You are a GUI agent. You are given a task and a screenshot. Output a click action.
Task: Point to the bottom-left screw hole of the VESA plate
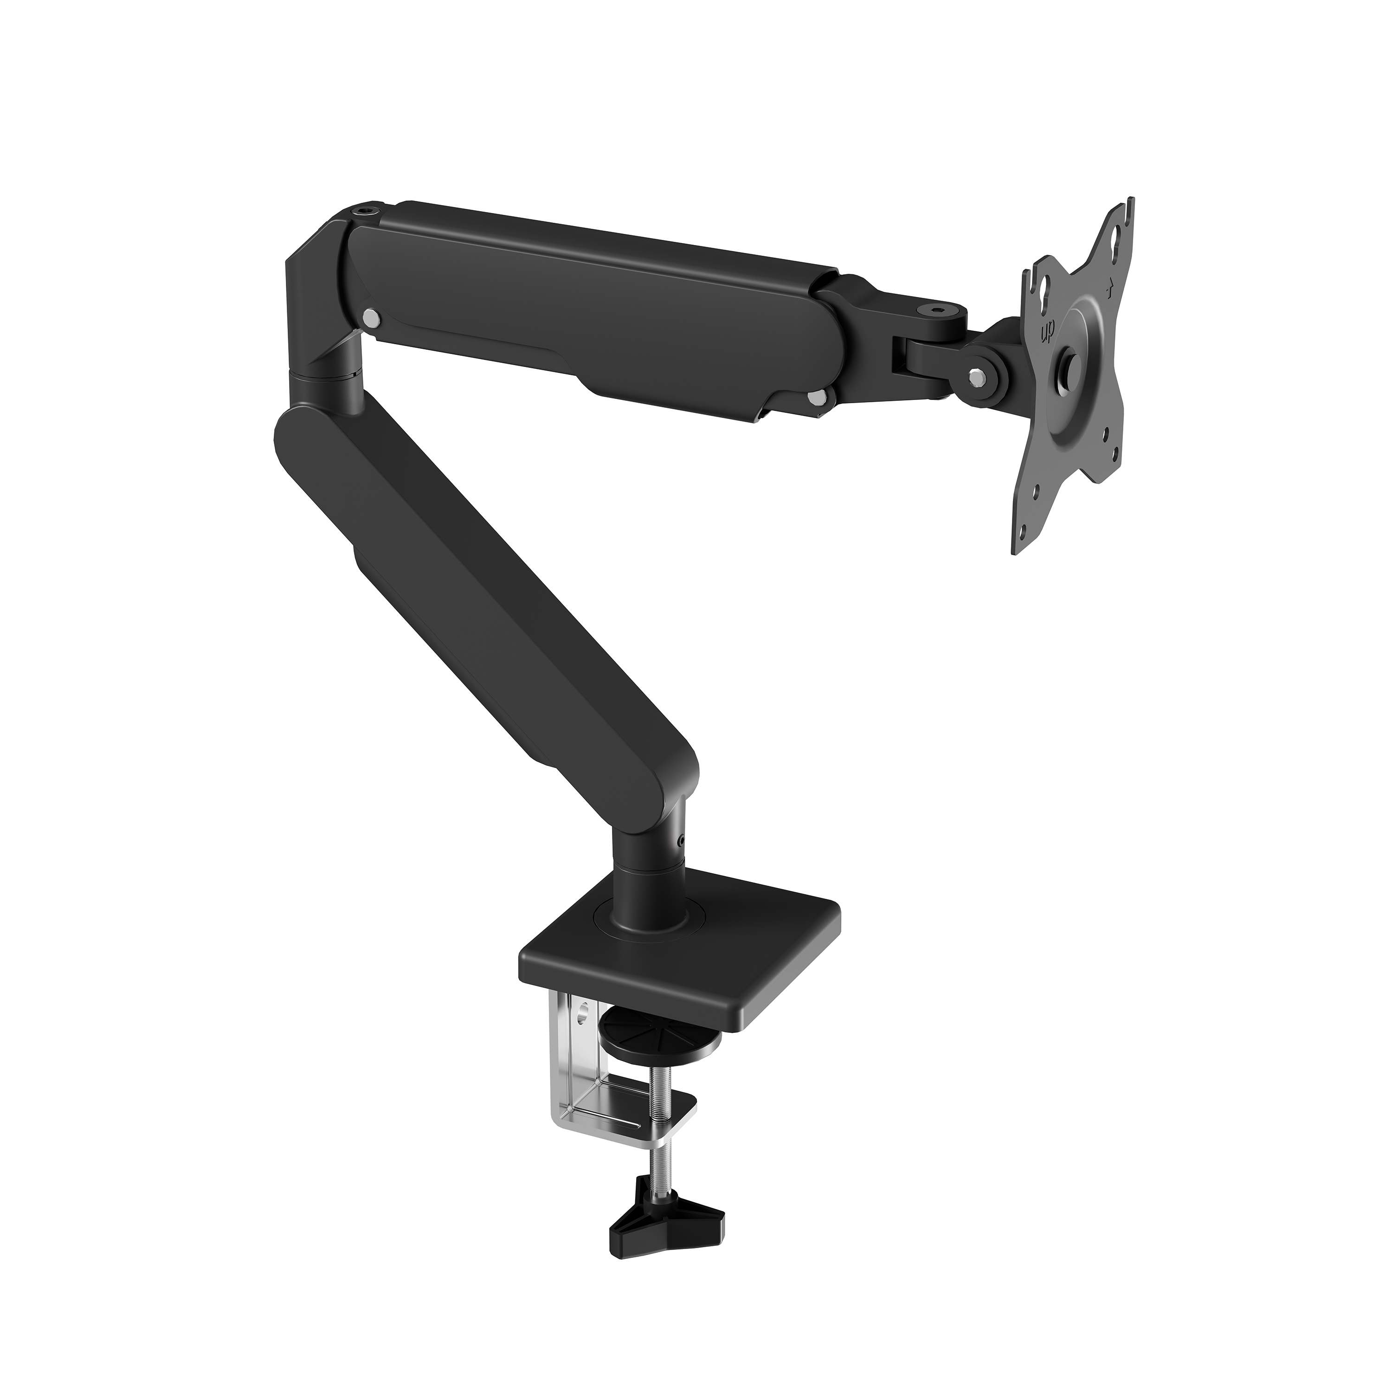pos(1035,494)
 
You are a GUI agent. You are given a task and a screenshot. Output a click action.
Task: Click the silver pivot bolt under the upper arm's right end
pos(816,397)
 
